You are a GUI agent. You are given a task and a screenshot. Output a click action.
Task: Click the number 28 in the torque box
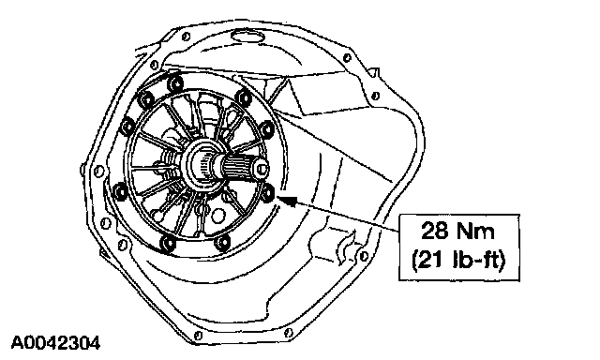(433, 231)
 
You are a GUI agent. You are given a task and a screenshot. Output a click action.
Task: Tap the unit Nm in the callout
(473, 231)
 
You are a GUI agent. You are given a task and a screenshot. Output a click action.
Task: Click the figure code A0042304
(56, 343)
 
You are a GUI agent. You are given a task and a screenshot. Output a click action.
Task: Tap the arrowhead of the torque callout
(288, 200)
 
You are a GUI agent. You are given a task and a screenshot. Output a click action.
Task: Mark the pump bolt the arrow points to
(268, 191)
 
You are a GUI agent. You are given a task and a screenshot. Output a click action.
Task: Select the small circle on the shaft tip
(262, 169)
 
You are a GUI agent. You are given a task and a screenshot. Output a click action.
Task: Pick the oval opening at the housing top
(247, 37)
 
